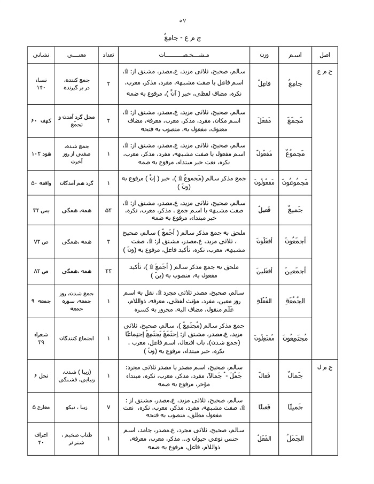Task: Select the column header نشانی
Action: click(41, 56)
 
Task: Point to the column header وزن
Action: click(264, 56)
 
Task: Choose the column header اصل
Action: click(324, 56)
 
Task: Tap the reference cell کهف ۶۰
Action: click(41, 121)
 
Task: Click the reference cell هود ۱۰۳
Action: click(41, 153)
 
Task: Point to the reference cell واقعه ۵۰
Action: click(41, 183)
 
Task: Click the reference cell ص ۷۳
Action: click(41, 242)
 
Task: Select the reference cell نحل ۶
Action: click(41, 376)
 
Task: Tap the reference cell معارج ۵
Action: click(41, 407)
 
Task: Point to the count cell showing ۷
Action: click(108, 407)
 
